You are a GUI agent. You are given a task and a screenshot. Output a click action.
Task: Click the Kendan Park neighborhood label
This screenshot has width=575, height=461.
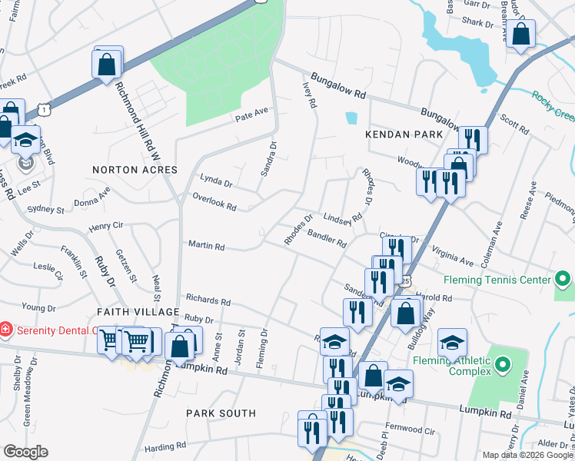click(x=404, y=134)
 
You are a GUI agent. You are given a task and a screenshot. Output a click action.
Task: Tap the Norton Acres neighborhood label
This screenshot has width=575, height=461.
click(x=135, y=169)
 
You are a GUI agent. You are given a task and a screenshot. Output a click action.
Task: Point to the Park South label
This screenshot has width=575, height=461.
click(x=221, y=413)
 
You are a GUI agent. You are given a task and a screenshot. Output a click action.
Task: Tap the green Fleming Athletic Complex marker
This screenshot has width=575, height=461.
click(x=503, y=363)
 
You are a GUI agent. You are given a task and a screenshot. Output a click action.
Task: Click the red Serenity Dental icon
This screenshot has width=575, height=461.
click(x=6, y=329)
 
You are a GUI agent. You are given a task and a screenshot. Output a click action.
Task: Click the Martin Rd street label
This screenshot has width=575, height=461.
click(x=207, y=247)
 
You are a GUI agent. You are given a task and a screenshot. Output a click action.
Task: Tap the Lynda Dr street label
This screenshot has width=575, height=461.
click(x=216, y=181)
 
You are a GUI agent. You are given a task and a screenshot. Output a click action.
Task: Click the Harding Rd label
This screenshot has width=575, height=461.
click(x=165, y=446)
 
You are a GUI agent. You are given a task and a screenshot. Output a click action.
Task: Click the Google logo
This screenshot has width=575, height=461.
click(x=25, y=452)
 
